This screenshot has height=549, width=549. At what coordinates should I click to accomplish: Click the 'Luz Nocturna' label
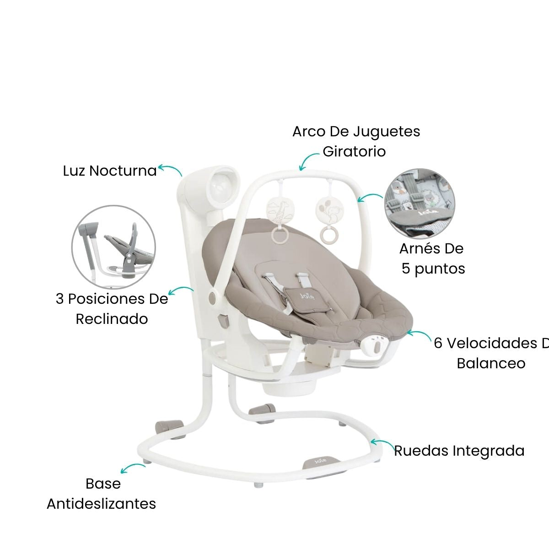110,171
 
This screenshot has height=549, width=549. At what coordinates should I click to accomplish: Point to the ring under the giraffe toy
279,235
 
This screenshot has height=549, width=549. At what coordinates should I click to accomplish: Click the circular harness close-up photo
420,203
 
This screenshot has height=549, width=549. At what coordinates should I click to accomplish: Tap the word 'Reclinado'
112,319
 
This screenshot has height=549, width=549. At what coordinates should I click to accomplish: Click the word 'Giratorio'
354,151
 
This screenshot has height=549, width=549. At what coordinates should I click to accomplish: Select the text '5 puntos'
433,269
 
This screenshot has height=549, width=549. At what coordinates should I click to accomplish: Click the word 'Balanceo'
491,363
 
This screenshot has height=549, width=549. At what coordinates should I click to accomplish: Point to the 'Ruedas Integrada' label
459,451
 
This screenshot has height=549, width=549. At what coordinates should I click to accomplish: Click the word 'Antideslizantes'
102,504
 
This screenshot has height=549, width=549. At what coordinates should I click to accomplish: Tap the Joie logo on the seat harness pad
306,296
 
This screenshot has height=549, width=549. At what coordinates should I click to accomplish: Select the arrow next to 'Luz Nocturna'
170,170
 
